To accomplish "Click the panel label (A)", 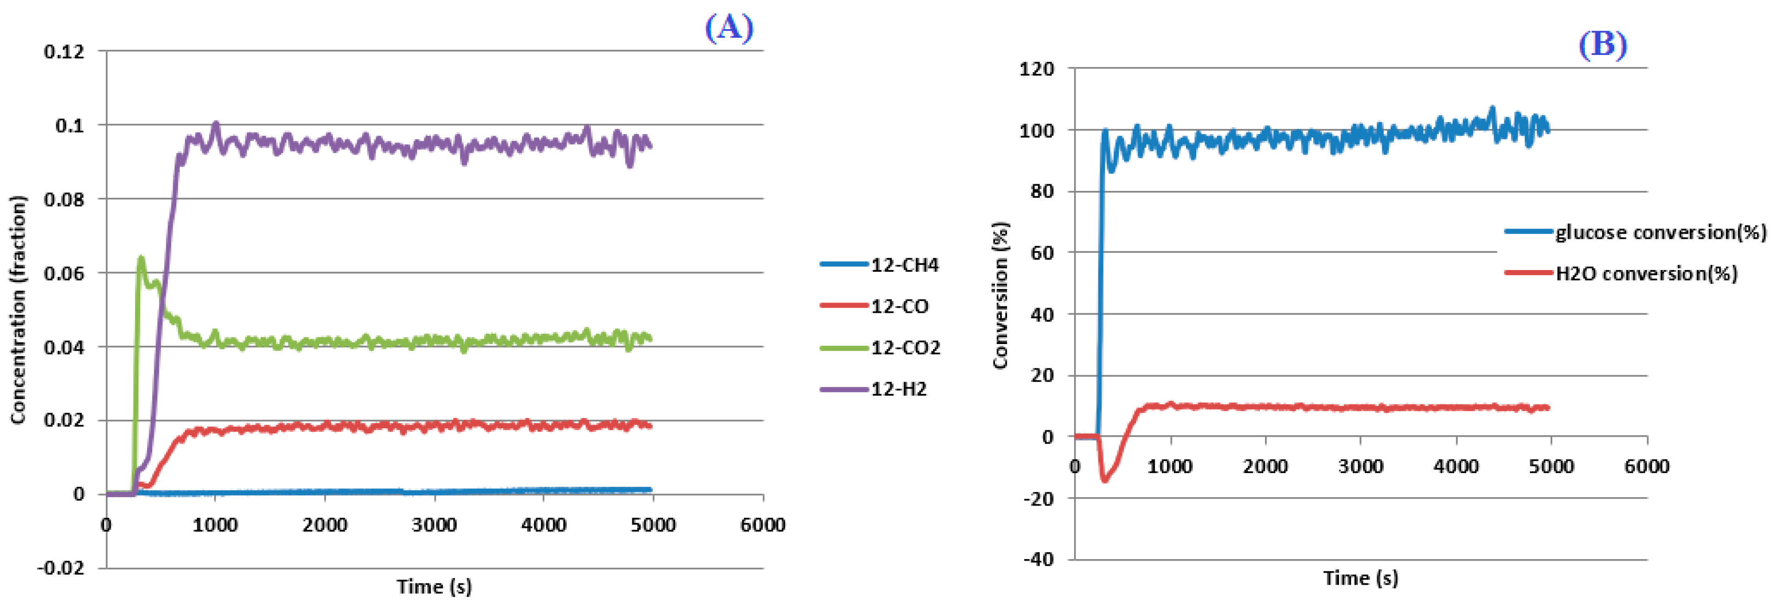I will pyautogui.click(x=729, y=28).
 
